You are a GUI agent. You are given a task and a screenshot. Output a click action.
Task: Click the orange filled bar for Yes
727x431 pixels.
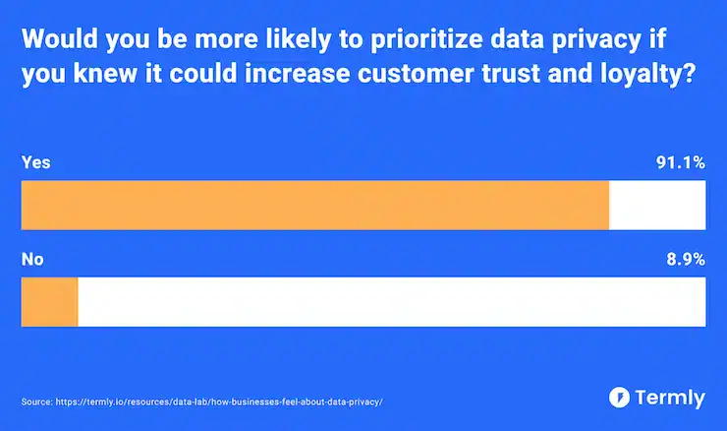coord(314,205)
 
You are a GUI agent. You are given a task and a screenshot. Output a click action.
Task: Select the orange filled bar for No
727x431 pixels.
coord(49,301)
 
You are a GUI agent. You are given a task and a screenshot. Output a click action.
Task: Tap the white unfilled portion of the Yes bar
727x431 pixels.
coord(656,205)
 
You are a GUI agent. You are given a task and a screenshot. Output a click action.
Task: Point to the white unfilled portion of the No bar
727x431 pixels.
coord(391,301)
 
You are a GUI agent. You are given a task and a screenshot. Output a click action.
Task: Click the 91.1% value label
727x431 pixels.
coord(681,163)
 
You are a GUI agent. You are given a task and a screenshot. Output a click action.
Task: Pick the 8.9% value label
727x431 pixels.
coord(685,260)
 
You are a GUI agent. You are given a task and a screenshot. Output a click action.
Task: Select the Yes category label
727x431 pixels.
coord(35,163)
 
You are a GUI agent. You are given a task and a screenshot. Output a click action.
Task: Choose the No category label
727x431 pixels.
coord(32,260)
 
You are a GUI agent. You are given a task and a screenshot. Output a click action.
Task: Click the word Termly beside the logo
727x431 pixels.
coord(669,398)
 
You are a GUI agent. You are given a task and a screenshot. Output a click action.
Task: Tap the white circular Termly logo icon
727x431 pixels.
coord(620,398)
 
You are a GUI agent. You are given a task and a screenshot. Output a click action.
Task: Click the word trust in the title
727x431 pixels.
coord(526,76)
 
